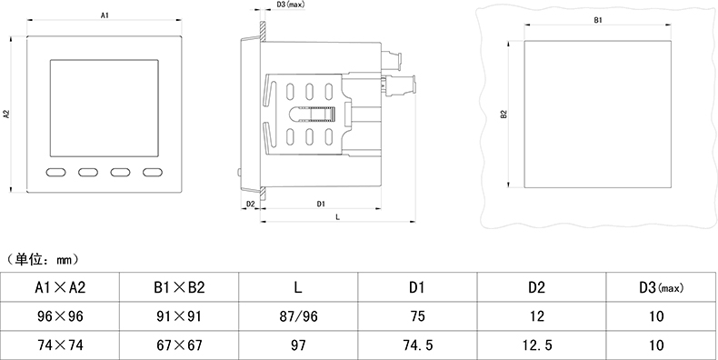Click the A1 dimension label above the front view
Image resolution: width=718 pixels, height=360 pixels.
tap(105, 15)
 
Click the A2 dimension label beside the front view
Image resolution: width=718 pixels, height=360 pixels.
tap(7, 115)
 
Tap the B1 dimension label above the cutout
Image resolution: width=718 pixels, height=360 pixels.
tap(598, 20)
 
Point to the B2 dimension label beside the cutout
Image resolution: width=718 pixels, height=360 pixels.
tap(504, 115)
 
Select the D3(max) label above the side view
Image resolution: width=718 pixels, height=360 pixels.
tap(291, 5)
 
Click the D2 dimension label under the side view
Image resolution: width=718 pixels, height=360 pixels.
tap(251, 204)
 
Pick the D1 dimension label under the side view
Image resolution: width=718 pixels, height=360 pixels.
tap(321, 204)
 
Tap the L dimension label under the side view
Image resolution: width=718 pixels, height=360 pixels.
tap(337, 217)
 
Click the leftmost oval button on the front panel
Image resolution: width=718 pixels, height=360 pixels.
tap(55, 172)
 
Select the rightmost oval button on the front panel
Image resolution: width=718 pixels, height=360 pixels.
tap(153, 172)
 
